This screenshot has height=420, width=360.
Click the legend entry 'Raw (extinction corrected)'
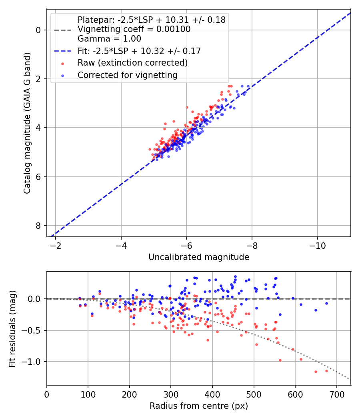pos(132,63)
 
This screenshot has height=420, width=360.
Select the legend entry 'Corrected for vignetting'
pos(128,75)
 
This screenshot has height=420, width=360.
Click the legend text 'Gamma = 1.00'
pos(109,39)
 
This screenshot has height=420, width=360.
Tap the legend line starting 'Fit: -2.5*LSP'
pos(139,51)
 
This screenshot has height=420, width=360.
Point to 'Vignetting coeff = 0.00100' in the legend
pos(134,29)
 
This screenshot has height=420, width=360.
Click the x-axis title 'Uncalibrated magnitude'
pos(199,257)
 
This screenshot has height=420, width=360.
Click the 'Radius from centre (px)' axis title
pos(199,406)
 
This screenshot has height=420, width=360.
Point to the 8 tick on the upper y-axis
pos(39,226)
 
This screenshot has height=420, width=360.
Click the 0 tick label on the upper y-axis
pos(39,30)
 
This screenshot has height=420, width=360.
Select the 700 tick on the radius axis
pos(336,394)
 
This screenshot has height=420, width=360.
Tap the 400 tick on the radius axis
pos(212,394)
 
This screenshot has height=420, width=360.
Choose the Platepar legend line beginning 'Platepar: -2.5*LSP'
pos(152,20)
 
